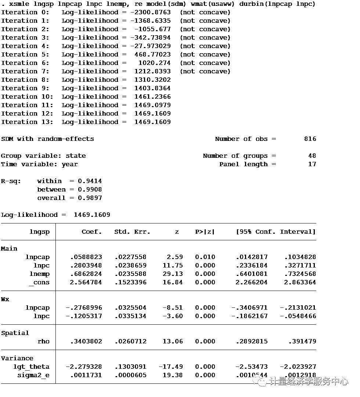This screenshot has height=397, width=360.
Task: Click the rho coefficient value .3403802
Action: coord(86,341)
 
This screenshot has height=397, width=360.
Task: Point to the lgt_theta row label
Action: coord(31,367)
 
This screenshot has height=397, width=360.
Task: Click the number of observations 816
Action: coord(310,139)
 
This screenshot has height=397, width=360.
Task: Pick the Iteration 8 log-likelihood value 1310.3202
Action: coord(152,80)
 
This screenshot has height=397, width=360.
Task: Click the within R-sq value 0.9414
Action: coord(90,181)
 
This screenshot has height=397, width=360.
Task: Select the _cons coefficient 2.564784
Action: coord(86,282)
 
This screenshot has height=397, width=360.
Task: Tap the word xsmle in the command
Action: coord(19,4)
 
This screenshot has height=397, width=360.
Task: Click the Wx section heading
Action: coord(5,299)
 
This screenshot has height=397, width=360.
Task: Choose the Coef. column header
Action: coord(92,232)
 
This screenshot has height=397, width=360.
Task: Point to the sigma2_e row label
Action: coord(33,375)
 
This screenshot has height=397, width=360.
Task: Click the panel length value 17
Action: coord(312,164)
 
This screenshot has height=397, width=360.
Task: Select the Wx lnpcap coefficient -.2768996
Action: coord(84,307)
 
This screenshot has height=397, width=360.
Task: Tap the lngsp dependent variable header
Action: coord(39,232)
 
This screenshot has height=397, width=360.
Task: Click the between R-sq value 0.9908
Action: coord(90,189)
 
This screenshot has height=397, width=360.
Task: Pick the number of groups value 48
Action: coord(312,156)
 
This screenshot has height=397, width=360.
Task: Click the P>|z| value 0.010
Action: coord(205,257)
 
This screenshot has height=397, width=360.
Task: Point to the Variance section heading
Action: coord(17,358)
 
